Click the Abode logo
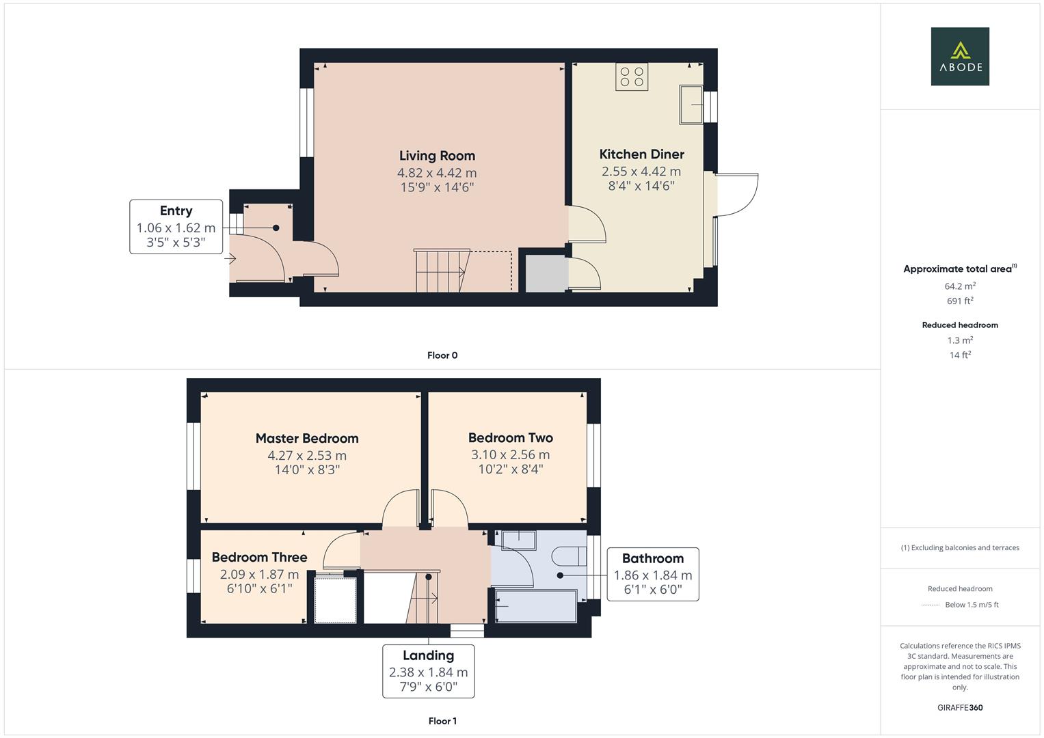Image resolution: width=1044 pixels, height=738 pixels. pyautogui.click(x=960, y=57)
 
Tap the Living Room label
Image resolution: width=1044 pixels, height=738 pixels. pyautogui.click(x=437, y=156)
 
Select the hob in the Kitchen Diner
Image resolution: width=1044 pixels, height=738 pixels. pyautogui.click(x=632, y=77)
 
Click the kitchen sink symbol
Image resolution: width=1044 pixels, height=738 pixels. pyautogui.click(x=691, y=105)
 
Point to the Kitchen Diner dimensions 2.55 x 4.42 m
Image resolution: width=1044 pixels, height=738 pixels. pyautogui.click(x=641, y=172)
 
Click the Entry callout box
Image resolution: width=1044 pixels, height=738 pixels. pyautogui.click(x=176, y=227)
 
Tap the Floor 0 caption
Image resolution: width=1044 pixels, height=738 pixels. pyautogui.click(x=442, y=355)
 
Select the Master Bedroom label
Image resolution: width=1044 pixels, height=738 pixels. pyautogui.click(x=307, y=439)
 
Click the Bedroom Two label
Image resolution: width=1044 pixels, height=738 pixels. pyautogui.click(x=511, y=438)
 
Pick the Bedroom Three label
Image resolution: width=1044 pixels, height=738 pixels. pyautogui.click(x=259, y=558)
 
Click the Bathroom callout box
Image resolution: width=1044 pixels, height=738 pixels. pyautogui.click(x=653, y=574)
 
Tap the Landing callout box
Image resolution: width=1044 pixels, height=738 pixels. pyautogui.click(x=429, y=671)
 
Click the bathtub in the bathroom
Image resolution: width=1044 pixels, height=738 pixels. pyautogui.click(x=536, y=607)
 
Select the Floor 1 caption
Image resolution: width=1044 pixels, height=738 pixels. pyautogui.click(x=442, y=721)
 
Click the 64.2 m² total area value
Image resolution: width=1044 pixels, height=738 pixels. pyautogui.click(x=960, y=286)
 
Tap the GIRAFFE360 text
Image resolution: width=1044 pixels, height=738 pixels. pyautogui.click(x=960, y=708)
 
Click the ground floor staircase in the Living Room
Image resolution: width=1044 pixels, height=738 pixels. pyautogui.click(x=441, y=271)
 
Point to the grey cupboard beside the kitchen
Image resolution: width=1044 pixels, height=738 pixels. pyautogui.click(x=546, y=273)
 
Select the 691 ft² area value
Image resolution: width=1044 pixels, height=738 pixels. pyautogui.click(x=960, y=301)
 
